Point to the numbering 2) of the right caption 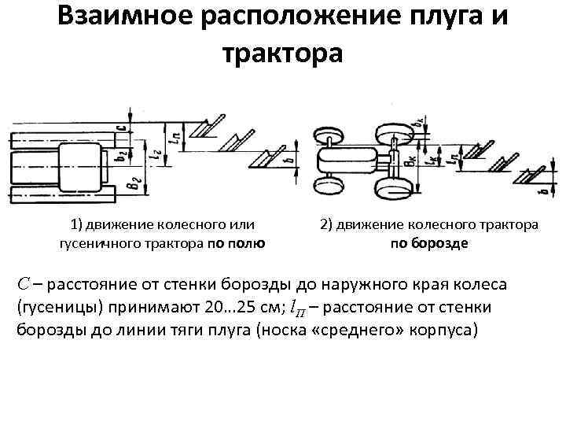tap(328, 225)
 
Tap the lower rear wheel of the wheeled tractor tap(391, 189)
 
